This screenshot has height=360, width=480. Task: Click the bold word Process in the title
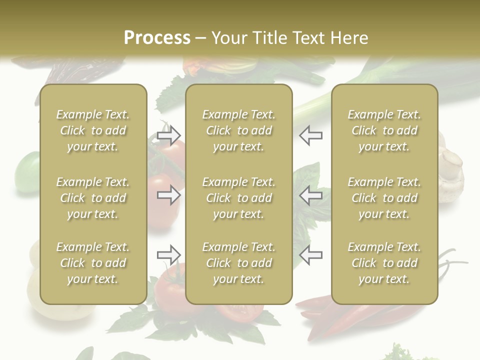coord(157,38)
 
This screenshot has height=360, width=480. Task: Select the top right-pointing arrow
coord(168,135)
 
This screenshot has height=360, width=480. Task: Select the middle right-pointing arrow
coord(168,195)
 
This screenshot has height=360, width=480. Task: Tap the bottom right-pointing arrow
coord(168,255)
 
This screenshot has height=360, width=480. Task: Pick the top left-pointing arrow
coord(310,135)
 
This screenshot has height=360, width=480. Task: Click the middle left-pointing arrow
coord(310,195)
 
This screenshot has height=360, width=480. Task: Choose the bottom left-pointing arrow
coord(310,255)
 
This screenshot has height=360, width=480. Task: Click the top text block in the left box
coord(93,130)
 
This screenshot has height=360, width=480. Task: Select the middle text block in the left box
coord(93,198)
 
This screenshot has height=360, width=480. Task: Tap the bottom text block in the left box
coord(93,263)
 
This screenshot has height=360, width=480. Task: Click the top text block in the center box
coord(238,130)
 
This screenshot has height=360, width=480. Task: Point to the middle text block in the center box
coord(238,198)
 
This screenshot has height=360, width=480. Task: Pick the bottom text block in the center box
coord(238,263)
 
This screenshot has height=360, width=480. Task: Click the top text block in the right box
coord(384,130)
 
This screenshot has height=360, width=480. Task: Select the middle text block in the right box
coord(384,198)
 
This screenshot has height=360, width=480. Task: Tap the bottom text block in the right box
coord(384,263)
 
